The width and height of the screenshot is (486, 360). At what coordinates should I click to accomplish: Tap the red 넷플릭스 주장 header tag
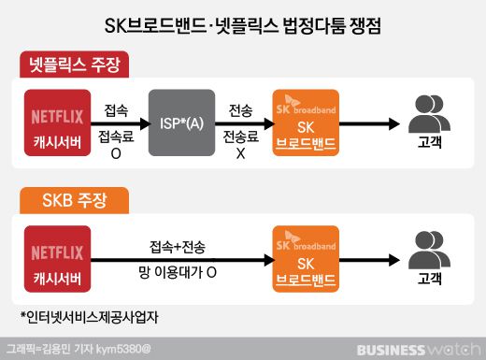[x=76, y=65]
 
